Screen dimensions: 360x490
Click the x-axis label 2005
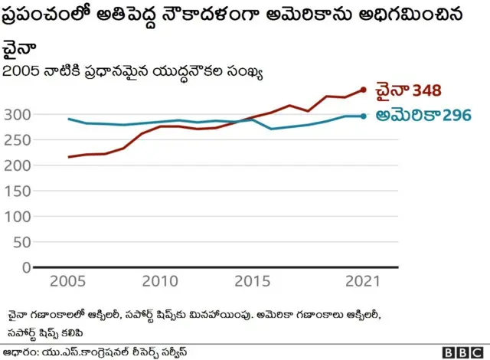pos(69,282)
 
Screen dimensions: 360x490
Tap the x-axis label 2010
pos(161,282)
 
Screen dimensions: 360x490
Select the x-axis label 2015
pos(253,282)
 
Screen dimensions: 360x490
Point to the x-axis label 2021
pos(362,282)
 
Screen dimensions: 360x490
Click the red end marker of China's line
pos(364,90)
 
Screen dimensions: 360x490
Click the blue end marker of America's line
pos(364,116)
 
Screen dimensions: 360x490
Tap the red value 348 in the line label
pos(427,91)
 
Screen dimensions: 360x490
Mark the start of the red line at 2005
pos(69,157)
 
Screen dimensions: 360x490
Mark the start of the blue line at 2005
pos(69,119)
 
